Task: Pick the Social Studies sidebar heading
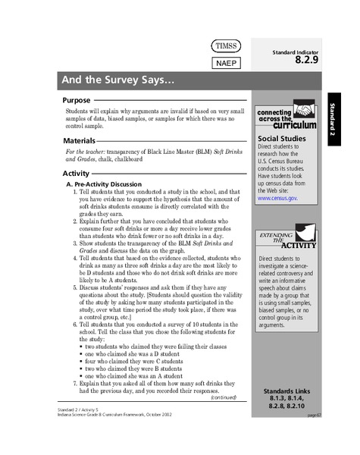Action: tap(282, 138)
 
